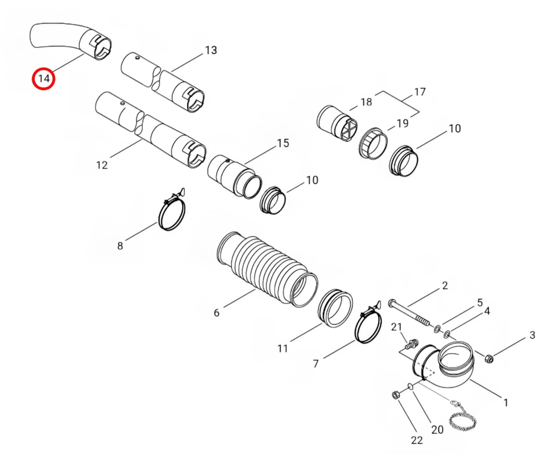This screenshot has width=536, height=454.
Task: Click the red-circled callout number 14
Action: tap(43, 79)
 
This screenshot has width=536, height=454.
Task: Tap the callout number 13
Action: tap(211, 50)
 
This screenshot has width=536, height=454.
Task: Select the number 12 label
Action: tap(102, 165)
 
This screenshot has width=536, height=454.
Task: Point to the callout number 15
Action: tap(283, 143)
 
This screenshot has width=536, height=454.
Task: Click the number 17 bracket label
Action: tap(420, 92)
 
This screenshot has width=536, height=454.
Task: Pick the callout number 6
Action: tap(216, 312)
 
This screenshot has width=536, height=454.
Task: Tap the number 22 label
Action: tap(417, 440)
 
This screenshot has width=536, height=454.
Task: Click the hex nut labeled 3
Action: tap(489, 359)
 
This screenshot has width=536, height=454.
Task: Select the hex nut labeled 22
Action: tap(395, 395)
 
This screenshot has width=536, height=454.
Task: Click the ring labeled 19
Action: tap(373, 144)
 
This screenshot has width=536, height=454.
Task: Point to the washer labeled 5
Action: tap(437, 329)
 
